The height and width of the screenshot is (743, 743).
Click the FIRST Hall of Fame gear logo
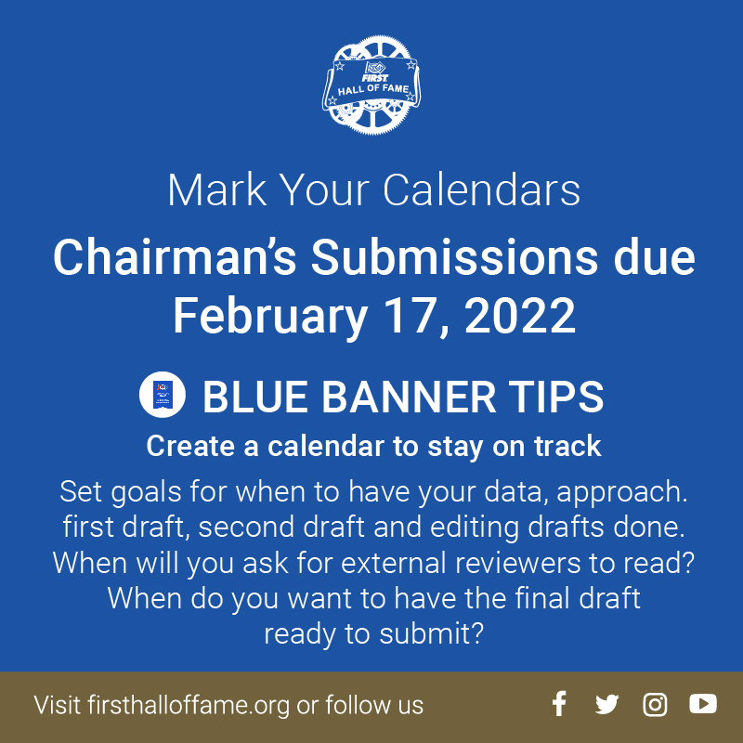[375, 84]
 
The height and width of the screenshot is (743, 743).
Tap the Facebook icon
[558, 704]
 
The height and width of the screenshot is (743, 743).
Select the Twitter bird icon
[606, 705]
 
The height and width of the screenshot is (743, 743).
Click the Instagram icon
[655, 705]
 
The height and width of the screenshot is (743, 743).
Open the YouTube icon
[703, 705]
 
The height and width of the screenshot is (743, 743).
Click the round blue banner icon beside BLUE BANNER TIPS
[163, 397]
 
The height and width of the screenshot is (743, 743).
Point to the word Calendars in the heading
[482, 190]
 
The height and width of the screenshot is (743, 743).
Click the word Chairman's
[176, 257]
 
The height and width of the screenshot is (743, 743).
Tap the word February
[268, 317]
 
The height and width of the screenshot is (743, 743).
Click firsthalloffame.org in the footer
[189, 705]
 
